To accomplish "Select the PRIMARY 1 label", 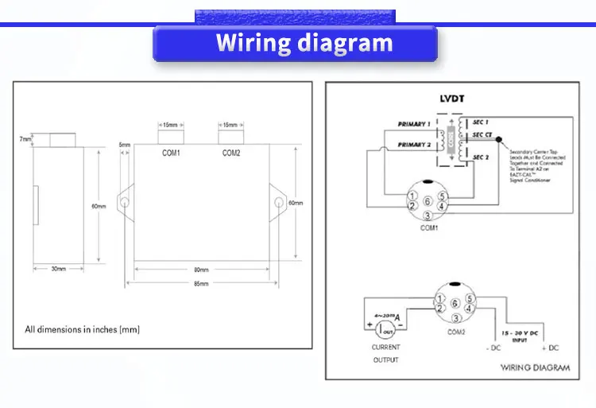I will point(414,124).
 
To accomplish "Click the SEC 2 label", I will point(480,158).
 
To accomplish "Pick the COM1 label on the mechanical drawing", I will point(171,153).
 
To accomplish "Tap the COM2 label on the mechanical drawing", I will point(230,153).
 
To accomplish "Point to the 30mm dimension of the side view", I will point(58,269).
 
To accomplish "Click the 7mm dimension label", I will point(25,140).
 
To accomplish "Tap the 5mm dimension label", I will point(124,145).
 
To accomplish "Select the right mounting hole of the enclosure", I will point(277,203).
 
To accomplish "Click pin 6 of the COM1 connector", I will point(428,201).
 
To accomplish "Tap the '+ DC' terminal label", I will point(550,348).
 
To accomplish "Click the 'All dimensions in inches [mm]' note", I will point(83,328).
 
